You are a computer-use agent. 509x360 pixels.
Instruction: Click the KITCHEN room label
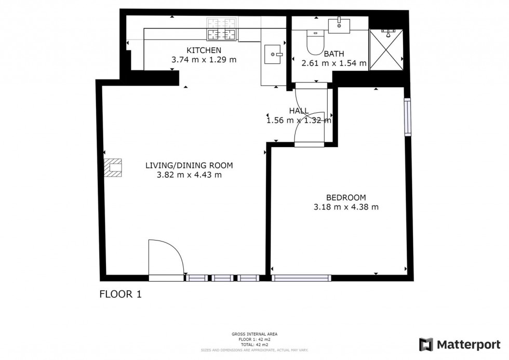tap(204, 50)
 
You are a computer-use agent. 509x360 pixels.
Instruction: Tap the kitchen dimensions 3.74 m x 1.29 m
tap(204, 60)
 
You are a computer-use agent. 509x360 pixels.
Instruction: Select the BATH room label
tap(333, 54)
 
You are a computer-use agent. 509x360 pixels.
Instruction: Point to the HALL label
tap(299, 111)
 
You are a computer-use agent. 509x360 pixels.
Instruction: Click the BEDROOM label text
tap(346, 197)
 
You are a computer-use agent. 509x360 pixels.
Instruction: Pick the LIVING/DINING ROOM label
tap(189, 166)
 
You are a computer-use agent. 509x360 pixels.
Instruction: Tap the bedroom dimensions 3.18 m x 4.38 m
tap(346, 207)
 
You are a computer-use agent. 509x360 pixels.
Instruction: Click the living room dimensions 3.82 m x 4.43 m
tap(189, 175)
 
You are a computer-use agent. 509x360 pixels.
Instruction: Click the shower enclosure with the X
tap(387, 49)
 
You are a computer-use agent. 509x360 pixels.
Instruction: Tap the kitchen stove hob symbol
tap(222, 30)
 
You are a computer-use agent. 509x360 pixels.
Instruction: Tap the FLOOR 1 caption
tap(120, 295)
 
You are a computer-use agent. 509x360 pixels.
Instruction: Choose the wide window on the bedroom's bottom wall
tap(301, 278)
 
